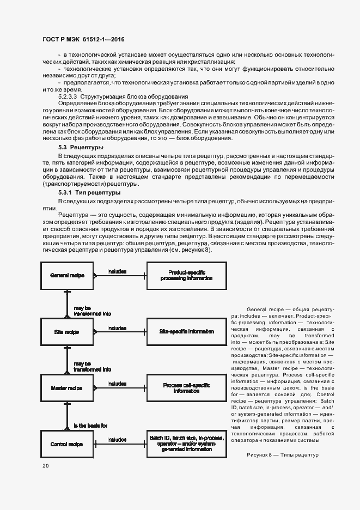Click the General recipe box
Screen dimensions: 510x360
[67, 276]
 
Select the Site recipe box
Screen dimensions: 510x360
[67, 332]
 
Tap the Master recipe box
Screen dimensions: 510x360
[67, 388]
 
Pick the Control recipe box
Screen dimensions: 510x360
[67, 445]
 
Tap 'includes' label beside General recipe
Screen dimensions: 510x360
[117, 271]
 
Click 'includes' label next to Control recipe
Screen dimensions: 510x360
[117, 440]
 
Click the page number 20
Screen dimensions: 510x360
[45, 465]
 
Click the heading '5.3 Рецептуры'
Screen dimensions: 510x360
[81, 148]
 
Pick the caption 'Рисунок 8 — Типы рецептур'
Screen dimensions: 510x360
[282, 455]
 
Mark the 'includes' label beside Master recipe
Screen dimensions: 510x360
[117, 384]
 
